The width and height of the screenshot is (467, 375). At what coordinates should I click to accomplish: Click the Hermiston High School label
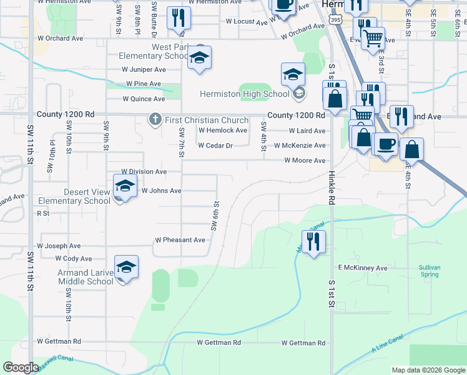point(244,94)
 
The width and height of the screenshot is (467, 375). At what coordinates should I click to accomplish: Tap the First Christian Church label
point(206,120)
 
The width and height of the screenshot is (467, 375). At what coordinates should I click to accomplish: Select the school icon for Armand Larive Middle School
point(126,268)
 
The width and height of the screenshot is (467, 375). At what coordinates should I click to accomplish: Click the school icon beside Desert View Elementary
point(125,186)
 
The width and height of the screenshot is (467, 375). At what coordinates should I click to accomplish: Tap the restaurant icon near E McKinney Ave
point(313,241)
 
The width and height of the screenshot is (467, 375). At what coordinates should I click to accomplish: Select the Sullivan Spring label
point(430,271)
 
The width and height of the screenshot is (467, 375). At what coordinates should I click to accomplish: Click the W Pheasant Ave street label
point(180,240)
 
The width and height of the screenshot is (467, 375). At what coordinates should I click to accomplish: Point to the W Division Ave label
point(144,171)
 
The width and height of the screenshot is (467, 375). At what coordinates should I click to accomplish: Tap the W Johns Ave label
point(161,191)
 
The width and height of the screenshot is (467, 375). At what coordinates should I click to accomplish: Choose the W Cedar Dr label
point(215,146)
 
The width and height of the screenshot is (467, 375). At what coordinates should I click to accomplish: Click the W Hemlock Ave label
point(223,131)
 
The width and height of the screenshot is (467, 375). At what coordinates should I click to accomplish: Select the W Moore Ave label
point(305,161)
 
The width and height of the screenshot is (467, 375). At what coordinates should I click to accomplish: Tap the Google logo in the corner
point(21,367)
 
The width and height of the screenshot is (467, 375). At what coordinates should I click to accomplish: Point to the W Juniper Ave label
point(144,69)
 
